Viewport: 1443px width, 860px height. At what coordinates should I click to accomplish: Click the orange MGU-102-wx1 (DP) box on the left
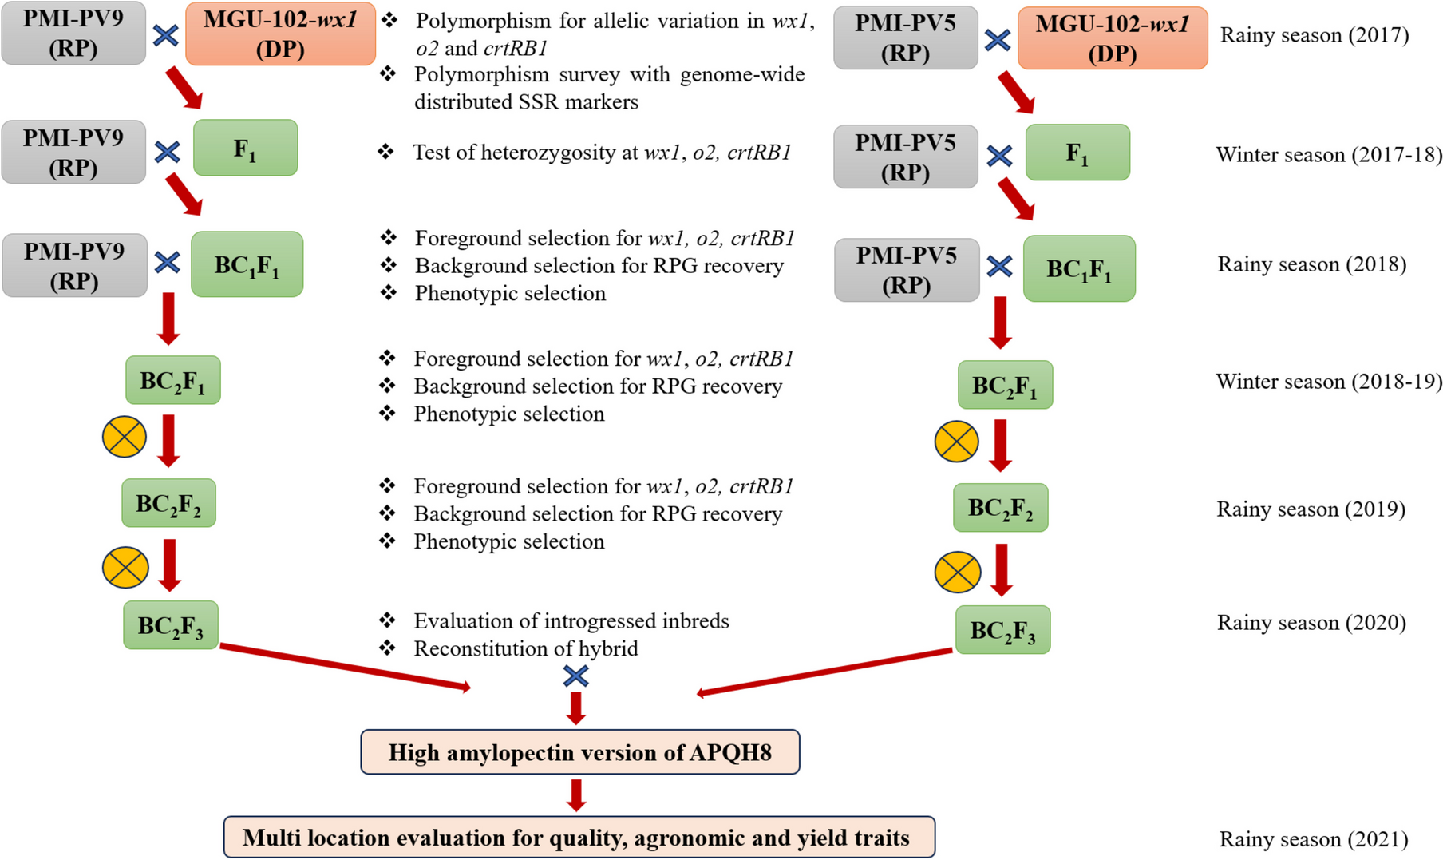(x=280, y=34)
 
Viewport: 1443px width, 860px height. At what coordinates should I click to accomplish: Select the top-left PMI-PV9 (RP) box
(x=73, y=33)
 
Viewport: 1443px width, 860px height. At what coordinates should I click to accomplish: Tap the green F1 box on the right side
(x=1077, y=153)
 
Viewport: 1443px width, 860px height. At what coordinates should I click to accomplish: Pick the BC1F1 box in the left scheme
(x=247, y=264)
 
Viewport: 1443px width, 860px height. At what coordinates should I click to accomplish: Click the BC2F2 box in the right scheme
(x=1000, y=508)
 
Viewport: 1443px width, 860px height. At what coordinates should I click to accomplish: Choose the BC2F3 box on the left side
(x=170, y=625)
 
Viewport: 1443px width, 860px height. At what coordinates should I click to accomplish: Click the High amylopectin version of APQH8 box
(x=579, y=752)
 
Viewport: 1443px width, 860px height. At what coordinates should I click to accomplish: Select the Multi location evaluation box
(x=579, y=837)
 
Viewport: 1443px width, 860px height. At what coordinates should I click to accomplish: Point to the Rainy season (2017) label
(x=1314, y=35)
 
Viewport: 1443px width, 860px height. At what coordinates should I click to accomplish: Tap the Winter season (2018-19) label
(x=1328, y=382)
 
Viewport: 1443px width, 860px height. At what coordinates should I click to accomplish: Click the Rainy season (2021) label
(x=1313, y=839)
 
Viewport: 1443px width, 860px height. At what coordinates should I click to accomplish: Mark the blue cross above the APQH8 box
(x=575, y=676)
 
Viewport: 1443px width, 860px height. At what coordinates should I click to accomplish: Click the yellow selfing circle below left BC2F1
(x=125, y=437)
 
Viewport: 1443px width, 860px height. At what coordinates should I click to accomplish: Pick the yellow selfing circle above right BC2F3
(x=957, y=572)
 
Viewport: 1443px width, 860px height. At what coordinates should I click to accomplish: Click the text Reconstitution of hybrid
(x=525, y=648)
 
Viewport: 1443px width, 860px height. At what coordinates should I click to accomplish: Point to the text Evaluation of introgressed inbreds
(x=571, y=621)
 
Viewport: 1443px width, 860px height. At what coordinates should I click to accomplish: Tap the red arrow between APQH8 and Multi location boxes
(x=576, y=795)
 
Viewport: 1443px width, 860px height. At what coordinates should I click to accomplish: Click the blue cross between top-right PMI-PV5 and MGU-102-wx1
(x=997, y=40)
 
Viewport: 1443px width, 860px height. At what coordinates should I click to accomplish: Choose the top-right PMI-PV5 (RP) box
(x=905, y=38)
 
